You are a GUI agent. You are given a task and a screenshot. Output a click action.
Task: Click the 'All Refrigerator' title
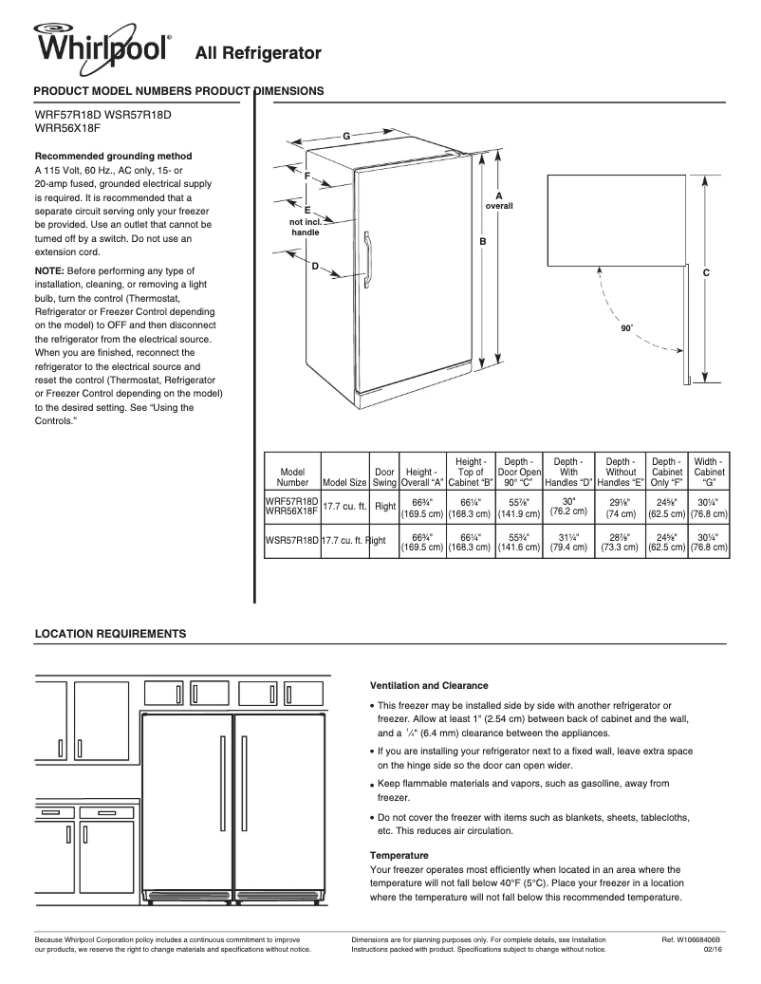pos(258,52)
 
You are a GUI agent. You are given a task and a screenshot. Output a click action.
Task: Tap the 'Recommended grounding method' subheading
pos(113,156)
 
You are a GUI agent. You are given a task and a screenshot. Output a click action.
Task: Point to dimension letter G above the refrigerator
pos(346,137)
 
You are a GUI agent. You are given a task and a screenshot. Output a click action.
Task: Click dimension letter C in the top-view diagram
pos(706,272)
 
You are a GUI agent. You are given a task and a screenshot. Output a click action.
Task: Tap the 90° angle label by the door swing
pos(625,327)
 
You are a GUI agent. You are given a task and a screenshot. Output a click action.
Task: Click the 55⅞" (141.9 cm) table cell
pos(519,508)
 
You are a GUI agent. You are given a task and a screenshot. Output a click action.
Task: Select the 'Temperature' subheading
pos(399,855)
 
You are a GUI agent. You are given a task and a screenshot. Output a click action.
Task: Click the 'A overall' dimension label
pos(499,200)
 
